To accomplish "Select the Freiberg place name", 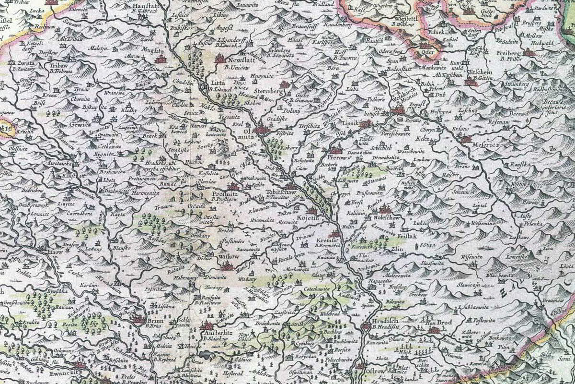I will (507, 52).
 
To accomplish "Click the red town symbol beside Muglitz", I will (160, 60).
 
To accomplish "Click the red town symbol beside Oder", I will (424, 47).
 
